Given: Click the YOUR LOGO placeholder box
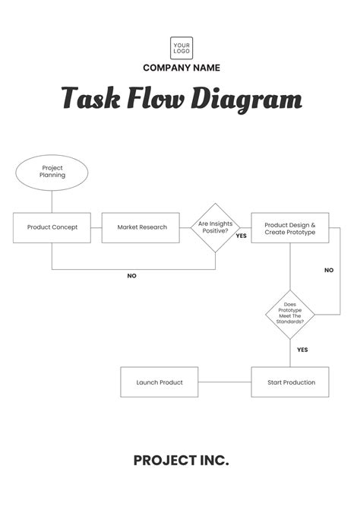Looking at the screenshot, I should point(181,48).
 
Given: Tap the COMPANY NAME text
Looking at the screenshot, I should point(181,68).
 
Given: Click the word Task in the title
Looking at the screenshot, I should point(90,99).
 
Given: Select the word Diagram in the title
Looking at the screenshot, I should point(251,99).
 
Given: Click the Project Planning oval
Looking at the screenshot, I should point(52,172).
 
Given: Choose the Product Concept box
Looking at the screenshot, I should point(52,227).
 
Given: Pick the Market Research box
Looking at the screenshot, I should point(141,227).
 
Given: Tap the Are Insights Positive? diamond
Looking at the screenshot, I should point(215,227).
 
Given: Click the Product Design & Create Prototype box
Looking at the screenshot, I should point(290,227).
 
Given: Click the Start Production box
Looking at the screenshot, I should point(290,382).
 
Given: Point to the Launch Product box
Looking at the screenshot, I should point(159,382).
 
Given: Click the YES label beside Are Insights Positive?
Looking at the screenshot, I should point(242,236).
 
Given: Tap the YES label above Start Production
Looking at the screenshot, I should point(302,350).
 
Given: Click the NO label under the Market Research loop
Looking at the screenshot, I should point(131,276).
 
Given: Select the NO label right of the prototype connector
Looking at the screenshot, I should point(329,270).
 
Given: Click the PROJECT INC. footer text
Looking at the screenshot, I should point(181,460).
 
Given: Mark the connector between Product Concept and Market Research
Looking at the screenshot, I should point(96,227).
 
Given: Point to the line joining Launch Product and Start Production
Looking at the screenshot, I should point(225,382).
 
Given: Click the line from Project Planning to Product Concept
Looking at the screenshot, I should point(52,201).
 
